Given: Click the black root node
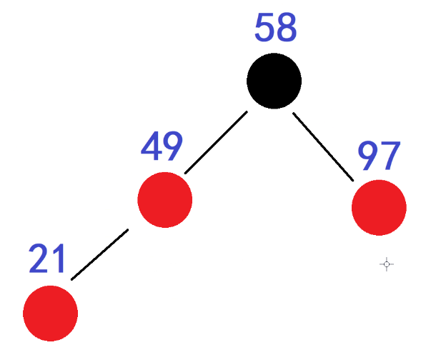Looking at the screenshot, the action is point(274,81).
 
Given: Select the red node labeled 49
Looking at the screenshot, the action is point(165,200).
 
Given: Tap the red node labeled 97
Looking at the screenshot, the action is point(379,208).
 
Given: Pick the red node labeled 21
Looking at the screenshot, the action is point(51,313).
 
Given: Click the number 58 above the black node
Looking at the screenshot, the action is point(275,28).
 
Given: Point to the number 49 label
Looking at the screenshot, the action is point(162,147).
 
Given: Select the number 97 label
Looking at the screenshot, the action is point(380,156).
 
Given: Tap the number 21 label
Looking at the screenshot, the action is point(48,259).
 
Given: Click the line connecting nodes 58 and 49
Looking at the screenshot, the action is point(216,142).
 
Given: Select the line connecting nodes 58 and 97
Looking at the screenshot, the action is point(323,146).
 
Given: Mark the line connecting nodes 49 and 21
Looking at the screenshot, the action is point(100,254).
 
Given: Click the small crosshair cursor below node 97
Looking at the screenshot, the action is point(387,264).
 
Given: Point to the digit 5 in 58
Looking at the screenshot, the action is point(264,28).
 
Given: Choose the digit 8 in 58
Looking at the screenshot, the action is point(286,28).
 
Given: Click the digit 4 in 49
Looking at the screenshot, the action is point(152,147).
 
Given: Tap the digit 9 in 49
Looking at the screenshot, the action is point(173,147).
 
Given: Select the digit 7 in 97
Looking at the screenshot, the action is point(391,156).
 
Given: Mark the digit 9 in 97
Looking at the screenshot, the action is point(369,156).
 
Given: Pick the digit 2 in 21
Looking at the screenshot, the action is point(40,259).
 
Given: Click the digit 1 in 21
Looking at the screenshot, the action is point(59,259).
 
